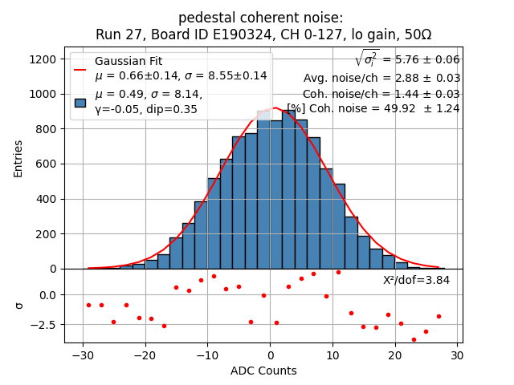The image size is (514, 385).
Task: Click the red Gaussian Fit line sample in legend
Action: [80, 69]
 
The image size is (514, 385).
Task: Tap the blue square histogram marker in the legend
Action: [80, 102]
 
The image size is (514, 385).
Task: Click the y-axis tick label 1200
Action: [43, 59]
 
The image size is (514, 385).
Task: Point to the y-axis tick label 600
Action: [47, 164]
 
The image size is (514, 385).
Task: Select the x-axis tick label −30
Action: [83, 355]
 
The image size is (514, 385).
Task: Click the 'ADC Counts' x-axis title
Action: [263, 371]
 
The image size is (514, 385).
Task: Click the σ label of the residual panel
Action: [18, 306]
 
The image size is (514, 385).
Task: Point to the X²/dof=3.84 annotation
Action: [416, 280]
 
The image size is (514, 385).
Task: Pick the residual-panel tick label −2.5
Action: [43, 325]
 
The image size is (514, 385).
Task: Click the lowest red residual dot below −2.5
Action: [414, 339]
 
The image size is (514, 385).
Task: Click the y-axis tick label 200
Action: [47, 234]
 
